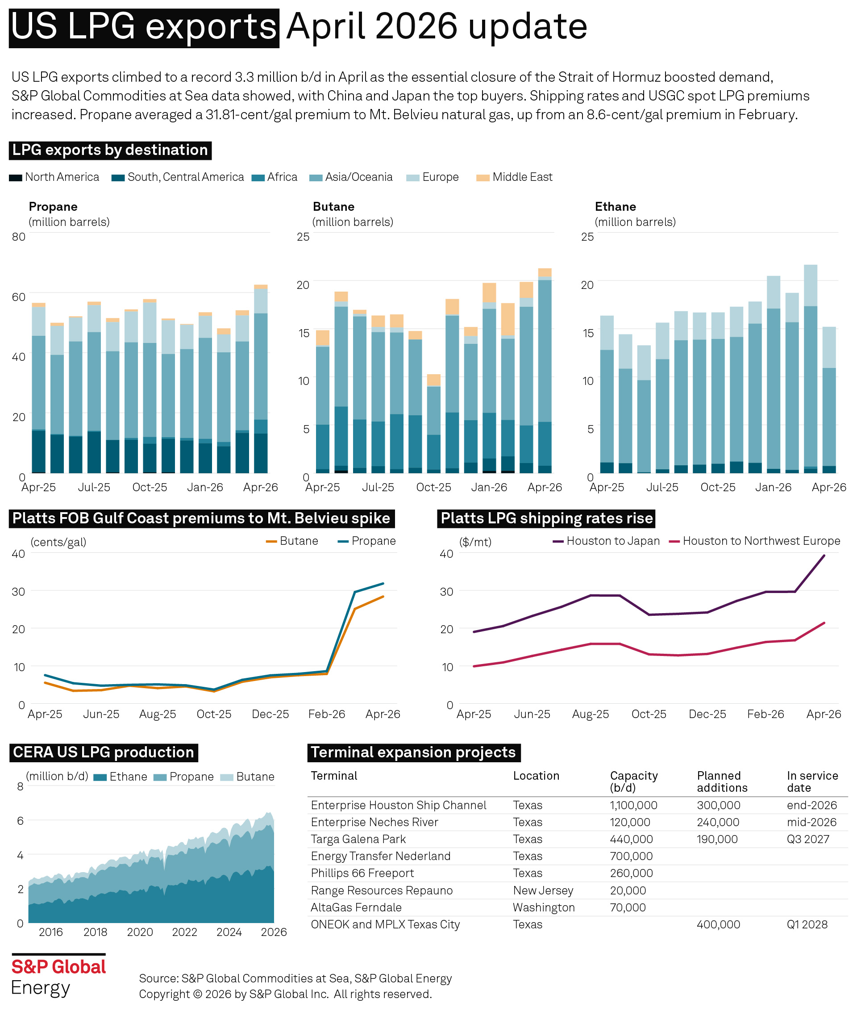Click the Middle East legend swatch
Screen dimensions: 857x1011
483,178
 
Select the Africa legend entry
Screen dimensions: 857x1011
274,177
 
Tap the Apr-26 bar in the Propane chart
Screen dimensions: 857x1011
261,379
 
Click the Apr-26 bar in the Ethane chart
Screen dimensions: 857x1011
829,400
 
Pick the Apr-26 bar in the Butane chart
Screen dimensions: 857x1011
545,370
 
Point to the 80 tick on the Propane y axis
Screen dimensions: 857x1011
18,237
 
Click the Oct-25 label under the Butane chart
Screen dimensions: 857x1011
433,487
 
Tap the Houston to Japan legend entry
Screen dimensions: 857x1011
606,541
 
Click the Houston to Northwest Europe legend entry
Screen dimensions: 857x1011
754,541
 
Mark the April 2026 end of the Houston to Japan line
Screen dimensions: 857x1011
824,556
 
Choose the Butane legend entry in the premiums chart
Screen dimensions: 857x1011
292,541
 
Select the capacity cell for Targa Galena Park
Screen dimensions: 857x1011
631,839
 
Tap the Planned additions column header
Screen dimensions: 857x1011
722,781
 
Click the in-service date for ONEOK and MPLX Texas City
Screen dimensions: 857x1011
807,924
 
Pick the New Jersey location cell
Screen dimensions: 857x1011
543,890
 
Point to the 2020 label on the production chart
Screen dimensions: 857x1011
140,932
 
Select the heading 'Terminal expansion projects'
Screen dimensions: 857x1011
413,752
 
